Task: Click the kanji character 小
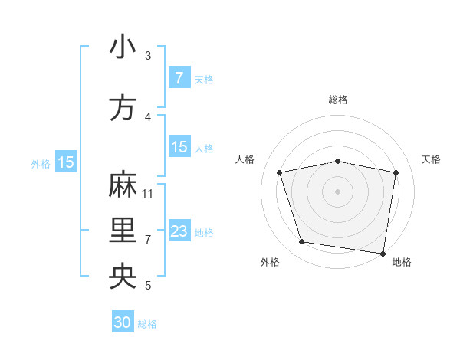pyautogui.click(x=123, y=47)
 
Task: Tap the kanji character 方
pyautogui.click(x=123, y=108)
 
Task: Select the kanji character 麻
pyautogui.click(x=123, y=185)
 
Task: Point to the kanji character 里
pyautogui.click(x=123, y=231)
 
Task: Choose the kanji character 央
pyautogui.click(x=123, y=277)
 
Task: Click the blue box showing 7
pyautogui.click(x=179, y=77)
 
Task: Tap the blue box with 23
pyautogui.click(x=179, y=231)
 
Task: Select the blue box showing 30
pyautogui.click(x=123, y=322)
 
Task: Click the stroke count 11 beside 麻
pyautogui.click(x=148, y=193)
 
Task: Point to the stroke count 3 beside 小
pyautogui.click(x=148, y=55)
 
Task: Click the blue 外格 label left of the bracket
pyautogui.click(x=41, y=163)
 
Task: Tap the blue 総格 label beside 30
pyautogui.click(x=147, y=324)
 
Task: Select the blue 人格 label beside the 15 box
pyautogui.click(x=204, y=148)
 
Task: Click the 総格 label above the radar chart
pyautogui.click(x=337, y=100)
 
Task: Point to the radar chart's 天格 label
pyautogui.click(x=432, y=159)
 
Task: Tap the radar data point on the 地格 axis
pyautogui.click(x=383, y=253)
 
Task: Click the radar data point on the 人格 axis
pyautogui.click(x=280, y=172)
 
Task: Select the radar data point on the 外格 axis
pyautogui.click(x=302, y=242)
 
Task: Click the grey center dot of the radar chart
pyautogui.click(x=337, y=191)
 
